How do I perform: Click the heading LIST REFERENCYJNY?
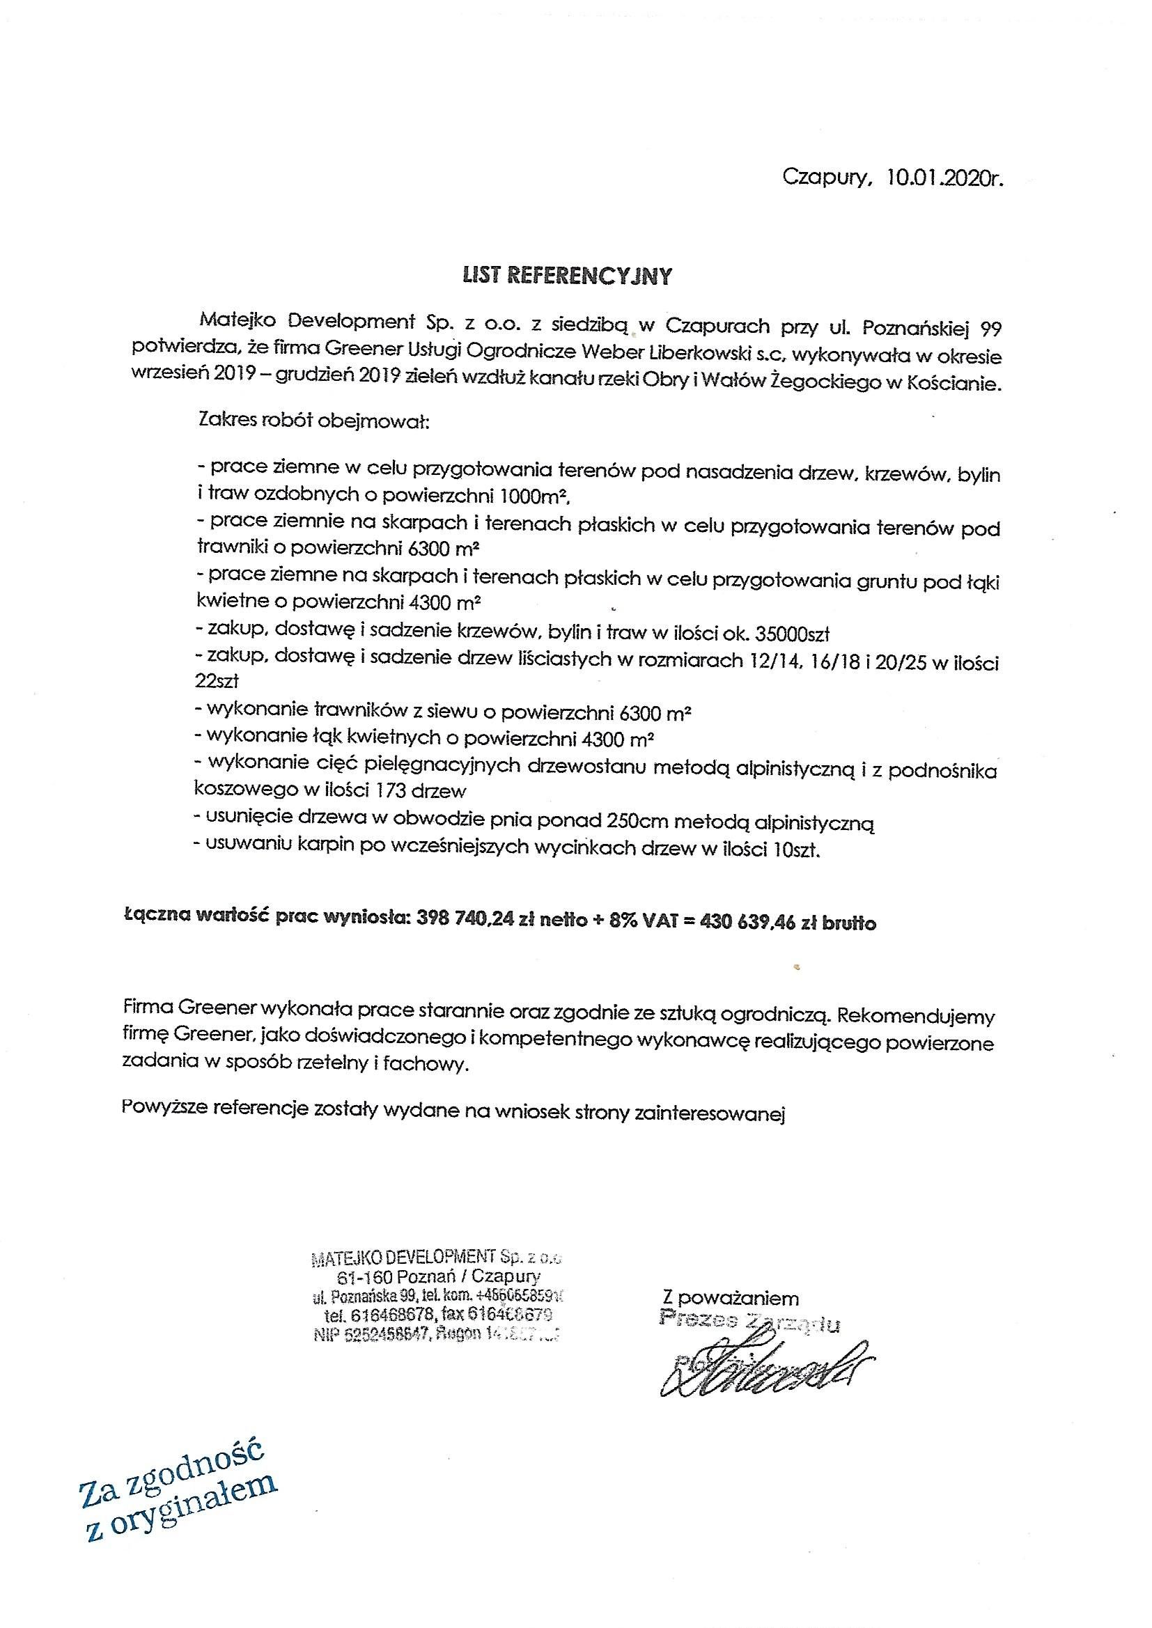pyautogui.click(x=566, y=276)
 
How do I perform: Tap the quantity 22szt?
pyautogui.click(x=217, y=682)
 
